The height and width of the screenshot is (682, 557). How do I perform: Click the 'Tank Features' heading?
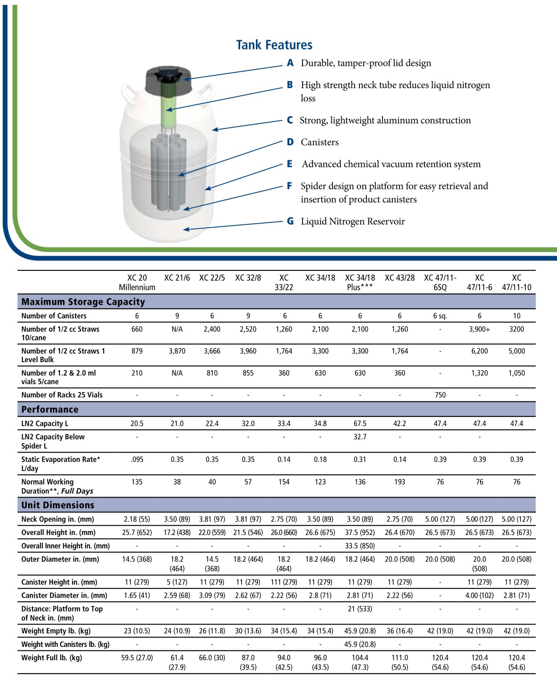(274, 45)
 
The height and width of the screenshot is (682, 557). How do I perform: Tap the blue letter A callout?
(290, 63)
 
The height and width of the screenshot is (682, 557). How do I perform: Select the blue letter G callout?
(290, 221)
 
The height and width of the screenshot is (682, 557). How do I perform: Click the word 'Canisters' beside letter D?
(319, 142)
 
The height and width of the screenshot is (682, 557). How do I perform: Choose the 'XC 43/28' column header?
(400, 278)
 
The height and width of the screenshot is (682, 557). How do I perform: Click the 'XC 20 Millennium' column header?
(137, 282)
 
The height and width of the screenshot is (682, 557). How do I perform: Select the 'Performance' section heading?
(50, 409)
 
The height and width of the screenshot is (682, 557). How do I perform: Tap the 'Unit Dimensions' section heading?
(58, 505)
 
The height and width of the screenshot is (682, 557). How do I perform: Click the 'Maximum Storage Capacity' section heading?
(83, 302)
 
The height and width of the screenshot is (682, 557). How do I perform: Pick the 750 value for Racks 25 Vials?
(440, 395)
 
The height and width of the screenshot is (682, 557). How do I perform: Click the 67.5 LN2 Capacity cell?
(360, 424)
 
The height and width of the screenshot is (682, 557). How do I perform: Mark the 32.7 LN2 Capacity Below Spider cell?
(360, 437)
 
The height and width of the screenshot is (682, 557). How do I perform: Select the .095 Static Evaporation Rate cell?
(137, 459)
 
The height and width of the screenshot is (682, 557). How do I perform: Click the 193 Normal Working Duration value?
(400, 482)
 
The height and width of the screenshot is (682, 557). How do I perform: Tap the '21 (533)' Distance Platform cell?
(360, 609)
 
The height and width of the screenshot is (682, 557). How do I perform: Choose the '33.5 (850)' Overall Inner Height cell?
(360, 546)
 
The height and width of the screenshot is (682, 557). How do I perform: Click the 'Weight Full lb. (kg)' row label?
(52, 657)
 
